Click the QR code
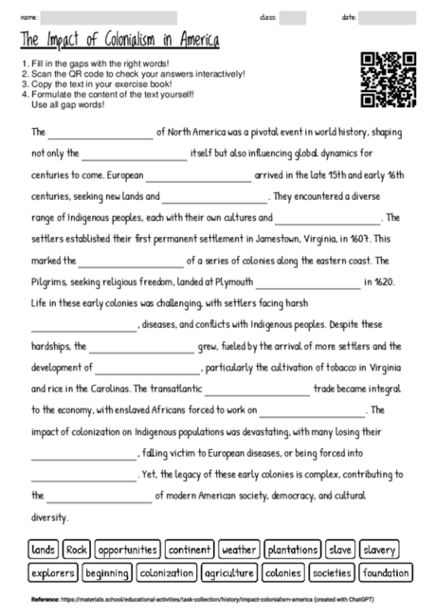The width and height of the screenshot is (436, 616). pyautogui.click(x=389, y=80)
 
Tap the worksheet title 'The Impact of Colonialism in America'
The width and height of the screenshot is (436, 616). pyautogui.click(x=119, y=41)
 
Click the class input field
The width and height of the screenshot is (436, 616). pyautogui.click(x=292, y=17)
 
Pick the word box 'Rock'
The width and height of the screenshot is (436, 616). pyautogui.click(x=77, y=550)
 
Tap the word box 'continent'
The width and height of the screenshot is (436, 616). pyautogui.click(x=190, y=550)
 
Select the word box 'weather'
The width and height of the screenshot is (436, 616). pyautogui.click(x=239, y=550)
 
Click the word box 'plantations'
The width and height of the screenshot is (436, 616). pyautogui.click(x=292, y=550)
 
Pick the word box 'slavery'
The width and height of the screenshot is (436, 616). pyautogui.click(x=380, y=550)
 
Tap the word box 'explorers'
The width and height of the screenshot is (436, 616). pyautogui.click(x=52, y=572)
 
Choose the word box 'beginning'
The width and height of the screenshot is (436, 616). pyautogui.click(x=106, y=572)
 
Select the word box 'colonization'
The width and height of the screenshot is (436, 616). pyautogui.click(x=166, y=572)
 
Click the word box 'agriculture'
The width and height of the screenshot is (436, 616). pyautogui.click(x=227, y=572)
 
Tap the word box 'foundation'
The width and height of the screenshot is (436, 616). pyautogui.click(x=386, y=572)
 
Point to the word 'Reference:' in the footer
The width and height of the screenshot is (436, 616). pyautogui.click(x=44, y=600)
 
